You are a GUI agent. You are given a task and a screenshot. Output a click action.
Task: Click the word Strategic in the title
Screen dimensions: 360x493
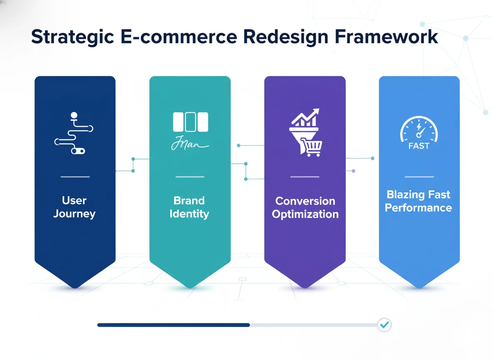pyautogui.click(x=72, y=37)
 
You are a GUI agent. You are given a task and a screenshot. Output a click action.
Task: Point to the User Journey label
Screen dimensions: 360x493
pyautogui.click(x=75, y=207)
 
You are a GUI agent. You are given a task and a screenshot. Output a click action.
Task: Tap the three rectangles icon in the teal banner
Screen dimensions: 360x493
pyautogui.click(x=190, y=122)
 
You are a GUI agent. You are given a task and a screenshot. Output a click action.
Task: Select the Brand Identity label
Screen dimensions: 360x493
pyautogui.click(x=189, y=207)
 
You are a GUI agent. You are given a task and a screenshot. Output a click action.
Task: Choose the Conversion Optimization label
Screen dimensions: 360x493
pyautogui.click(x=305, y=207)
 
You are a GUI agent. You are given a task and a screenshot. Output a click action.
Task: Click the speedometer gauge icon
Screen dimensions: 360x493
pyautogui.click(x=419, y=129)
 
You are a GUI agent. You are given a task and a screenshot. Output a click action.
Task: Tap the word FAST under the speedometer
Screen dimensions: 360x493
pyautogui.click(x=419, y=146)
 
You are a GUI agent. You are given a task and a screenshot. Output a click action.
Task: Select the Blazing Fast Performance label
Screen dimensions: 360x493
pyautogui.click(x=418, y=201)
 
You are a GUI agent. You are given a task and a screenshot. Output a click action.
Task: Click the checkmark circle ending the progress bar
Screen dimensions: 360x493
pyautogui.click(x=384, y=325)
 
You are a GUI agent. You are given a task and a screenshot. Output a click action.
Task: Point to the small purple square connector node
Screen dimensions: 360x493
pyautogui.click(x=354, y=171)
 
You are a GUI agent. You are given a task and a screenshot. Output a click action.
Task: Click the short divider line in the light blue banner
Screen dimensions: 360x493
pyautogui.click(x=419, y=177)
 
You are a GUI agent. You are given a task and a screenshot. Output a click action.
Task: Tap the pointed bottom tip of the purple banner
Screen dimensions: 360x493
pyautogui.click(x=305, y=286)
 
